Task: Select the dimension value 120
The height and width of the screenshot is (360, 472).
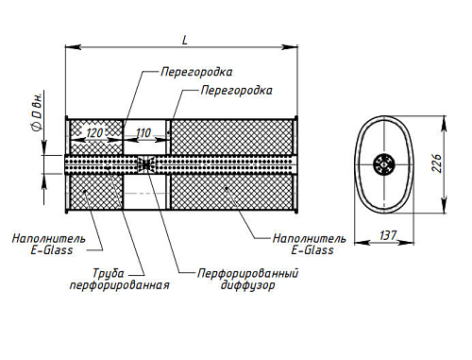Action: [94, 133]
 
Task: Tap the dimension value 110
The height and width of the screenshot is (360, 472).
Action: [143, 133]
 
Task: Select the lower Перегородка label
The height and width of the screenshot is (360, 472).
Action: [236, 91]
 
